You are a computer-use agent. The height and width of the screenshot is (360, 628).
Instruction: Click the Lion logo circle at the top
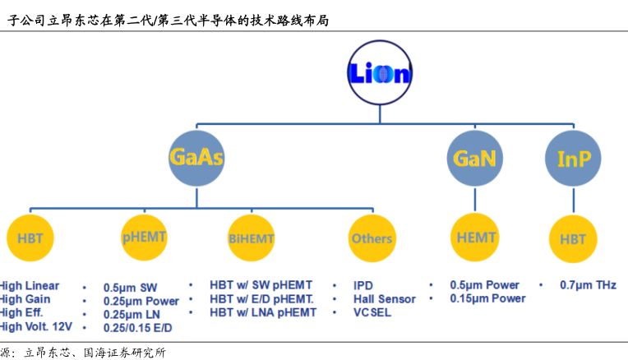pos(379,73)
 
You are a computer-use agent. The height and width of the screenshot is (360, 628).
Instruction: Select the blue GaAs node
pos(196,157)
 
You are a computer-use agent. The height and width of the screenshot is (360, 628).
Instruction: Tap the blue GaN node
pos(475,157)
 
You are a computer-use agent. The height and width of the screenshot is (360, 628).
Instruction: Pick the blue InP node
pos(573,158)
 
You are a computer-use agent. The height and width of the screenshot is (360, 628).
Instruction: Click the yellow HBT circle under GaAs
pos(30,239)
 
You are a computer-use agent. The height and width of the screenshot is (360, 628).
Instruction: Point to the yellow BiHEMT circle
pos(251,238)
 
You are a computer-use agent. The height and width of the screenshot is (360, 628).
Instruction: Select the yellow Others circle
pos(372,238)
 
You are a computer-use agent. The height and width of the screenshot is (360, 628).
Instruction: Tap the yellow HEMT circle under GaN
pos(475,238)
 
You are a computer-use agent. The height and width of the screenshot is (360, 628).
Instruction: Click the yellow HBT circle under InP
pos(573,238)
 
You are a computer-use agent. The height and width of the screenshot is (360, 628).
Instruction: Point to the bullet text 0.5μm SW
pos(130,288)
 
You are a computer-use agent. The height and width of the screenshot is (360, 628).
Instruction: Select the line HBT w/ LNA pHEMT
pos(263,312)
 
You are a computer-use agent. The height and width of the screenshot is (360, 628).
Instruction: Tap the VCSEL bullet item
pos(372,312)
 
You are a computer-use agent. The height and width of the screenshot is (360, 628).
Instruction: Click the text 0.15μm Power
pos(487,298)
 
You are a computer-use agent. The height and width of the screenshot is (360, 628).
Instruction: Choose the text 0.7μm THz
pos(588,285)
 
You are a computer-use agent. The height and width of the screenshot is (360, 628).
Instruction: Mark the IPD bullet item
pos(363,285)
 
